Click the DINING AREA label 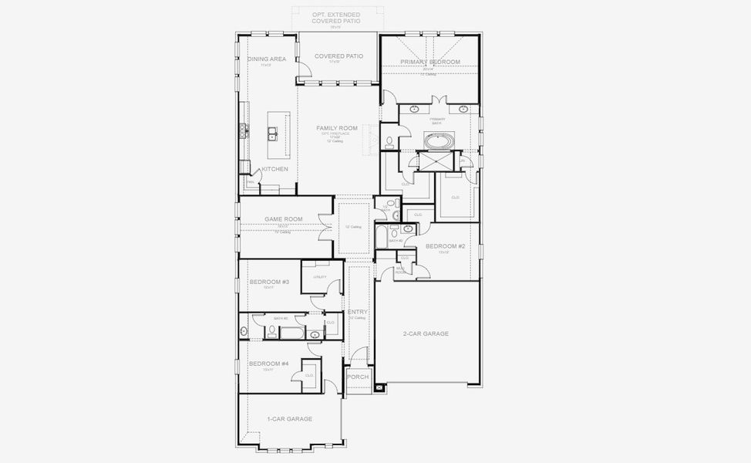267,59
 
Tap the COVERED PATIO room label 338,56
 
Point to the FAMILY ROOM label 337,127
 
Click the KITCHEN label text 274,169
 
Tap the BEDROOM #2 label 445,246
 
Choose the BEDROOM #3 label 269,282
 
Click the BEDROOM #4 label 268,363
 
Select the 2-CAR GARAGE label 426,333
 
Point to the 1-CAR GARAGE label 289,418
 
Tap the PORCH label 358,377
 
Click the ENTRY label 357,312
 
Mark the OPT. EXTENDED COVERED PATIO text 335,18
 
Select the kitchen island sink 274,134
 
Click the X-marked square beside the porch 379,388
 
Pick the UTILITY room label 319,277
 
